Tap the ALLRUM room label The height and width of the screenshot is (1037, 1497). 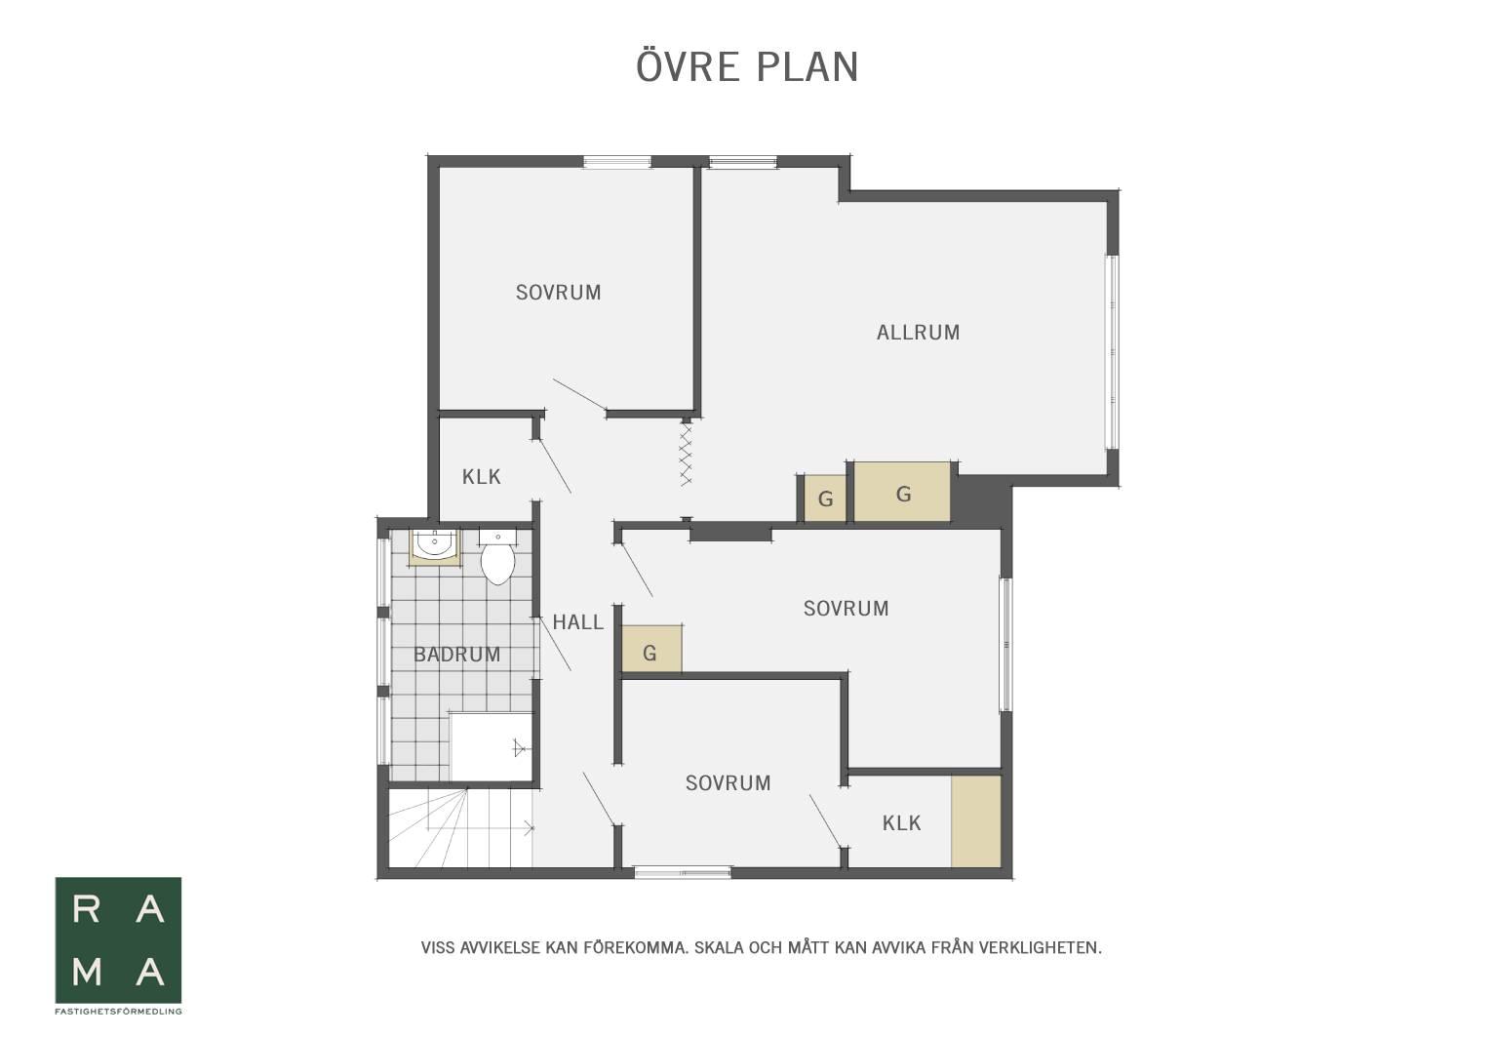point(918,333)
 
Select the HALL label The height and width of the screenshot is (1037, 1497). point(577,622)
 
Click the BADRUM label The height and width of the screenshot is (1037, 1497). point(457,655)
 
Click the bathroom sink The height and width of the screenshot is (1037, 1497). point(435,545)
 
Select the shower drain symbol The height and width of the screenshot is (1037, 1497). point(519,748)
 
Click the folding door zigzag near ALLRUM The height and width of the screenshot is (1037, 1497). point(686,454)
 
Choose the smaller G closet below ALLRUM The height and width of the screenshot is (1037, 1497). point(825,499)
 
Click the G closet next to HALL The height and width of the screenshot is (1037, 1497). point(651,649)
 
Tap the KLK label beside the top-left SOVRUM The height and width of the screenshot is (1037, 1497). point(481,477)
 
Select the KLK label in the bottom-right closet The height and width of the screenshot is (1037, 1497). point(901,823)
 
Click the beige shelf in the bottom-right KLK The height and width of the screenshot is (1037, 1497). point(975,821)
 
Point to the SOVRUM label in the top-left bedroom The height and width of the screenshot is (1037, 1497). point(558,293)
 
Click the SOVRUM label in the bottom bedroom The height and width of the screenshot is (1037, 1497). point(728,783)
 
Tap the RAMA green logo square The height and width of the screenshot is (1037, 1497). point(118,940)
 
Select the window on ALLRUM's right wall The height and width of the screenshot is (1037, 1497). point(1112,352)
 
